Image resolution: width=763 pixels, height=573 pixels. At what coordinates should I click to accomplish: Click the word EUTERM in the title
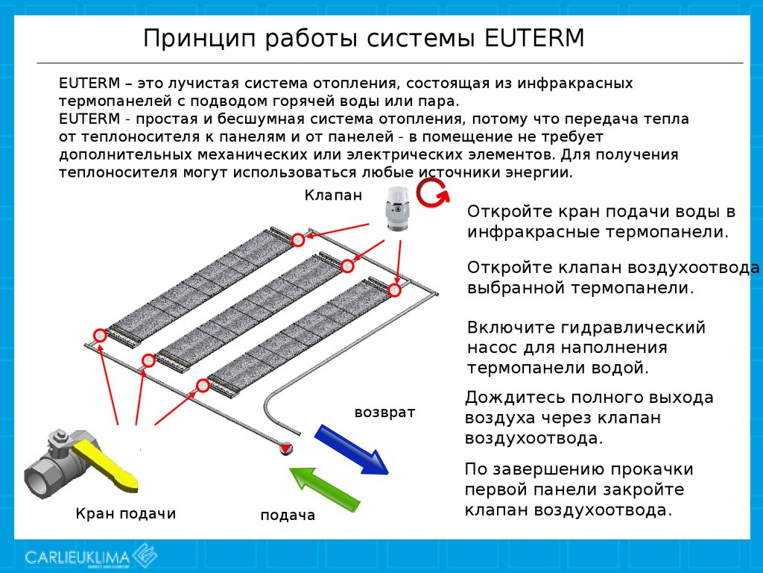(534, 38)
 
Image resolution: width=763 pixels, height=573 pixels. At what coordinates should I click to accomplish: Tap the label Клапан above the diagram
(333, 195)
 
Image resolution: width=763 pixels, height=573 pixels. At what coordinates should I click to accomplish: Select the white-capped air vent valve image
(399, 209)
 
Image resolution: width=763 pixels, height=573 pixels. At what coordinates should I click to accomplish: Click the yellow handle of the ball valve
(108, 464)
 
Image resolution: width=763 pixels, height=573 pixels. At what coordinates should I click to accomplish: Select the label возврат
(384, 412)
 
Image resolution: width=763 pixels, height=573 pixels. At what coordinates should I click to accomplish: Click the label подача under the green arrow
(288, 516)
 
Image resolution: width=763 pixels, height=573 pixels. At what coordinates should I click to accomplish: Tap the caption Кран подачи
(125, 513)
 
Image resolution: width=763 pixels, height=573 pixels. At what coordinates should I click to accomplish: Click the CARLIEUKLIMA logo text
(77, 557)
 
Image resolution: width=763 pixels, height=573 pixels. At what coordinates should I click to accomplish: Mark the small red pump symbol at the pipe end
(285, 448)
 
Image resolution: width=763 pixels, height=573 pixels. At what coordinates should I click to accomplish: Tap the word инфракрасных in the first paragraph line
(574, 84)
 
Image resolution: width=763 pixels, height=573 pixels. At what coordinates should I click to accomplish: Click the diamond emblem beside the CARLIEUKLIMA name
(145, 555)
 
